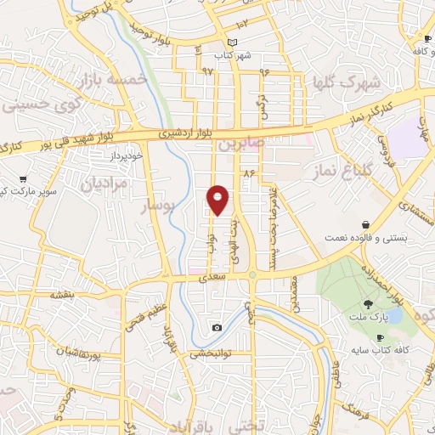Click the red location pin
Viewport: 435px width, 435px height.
pos(218,200)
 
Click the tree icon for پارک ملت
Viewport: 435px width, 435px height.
pos(367,304)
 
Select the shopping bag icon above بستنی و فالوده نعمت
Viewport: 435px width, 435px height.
pos(365,224)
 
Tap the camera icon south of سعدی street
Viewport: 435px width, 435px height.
pos(217,328)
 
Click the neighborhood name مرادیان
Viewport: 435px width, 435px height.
pos(104,183)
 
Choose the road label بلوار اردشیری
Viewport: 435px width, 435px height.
pos(189,134)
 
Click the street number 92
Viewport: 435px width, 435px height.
pos(206,71)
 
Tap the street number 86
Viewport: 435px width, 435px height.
pos(249,173)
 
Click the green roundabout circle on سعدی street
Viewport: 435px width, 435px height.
pos(252,274)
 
